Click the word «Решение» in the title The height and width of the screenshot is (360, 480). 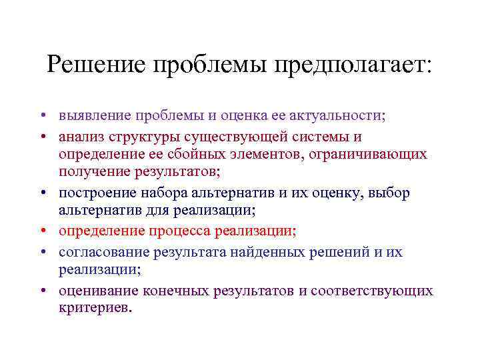97,65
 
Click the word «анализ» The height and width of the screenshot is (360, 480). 79,137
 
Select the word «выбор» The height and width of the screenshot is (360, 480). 390,193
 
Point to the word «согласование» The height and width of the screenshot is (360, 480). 103,252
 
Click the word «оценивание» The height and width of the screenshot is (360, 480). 98,291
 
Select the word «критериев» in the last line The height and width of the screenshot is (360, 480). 95,308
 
